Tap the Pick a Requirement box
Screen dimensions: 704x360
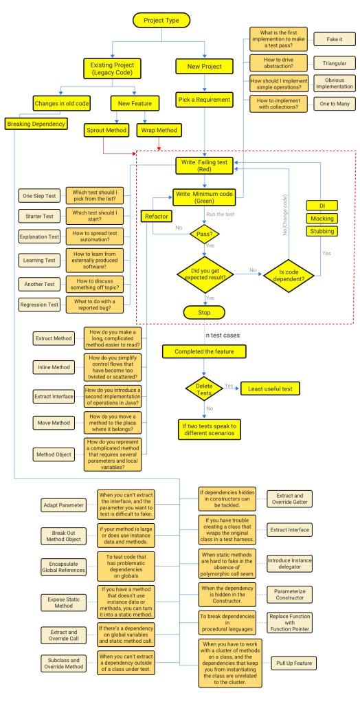[204, 99]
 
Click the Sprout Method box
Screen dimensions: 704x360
[106, 129]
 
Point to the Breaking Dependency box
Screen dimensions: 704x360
[37, 124]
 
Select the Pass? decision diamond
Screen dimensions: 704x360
[204, 235]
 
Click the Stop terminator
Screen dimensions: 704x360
[204, 312]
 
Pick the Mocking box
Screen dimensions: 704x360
[322, 219]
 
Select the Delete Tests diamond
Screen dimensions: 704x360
[204, 388]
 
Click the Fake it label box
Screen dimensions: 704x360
[335, 38]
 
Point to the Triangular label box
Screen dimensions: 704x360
[335, 63]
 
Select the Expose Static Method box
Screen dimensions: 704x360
[63, 603]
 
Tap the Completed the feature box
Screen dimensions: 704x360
[204, 351]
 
